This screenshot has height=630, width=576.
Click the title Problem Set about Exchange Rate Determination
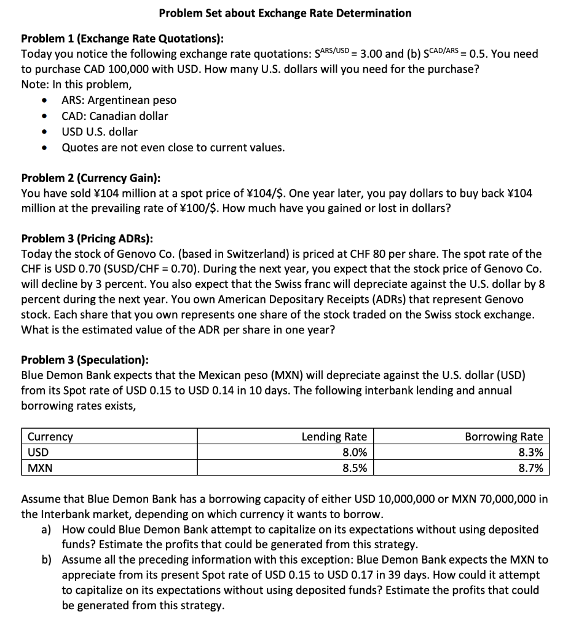pos(285,13)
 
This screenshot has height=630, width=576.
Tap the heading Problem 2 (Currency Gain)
pos(91,178)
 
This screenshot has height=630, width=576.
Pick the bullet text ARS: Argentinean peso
pos(119,100)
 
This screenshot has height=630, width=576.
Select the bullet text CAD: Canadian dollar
pos(114,116)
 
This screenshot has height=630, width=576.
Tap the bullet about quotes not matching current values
pos(173,148)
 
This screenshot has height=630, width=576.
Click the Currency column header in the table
pos(49,437)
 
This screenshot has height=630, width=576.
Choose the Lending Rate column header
pos(334,437)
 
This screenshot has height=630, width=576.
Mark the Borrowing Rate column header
pos(503,437)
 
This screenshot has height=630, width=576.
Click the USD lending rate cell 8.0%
pos(352,452)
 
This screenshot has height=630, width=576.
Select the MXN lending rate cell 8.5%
pos(352,468)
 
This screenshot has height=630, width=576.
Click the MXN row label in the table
pos(39,468)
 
